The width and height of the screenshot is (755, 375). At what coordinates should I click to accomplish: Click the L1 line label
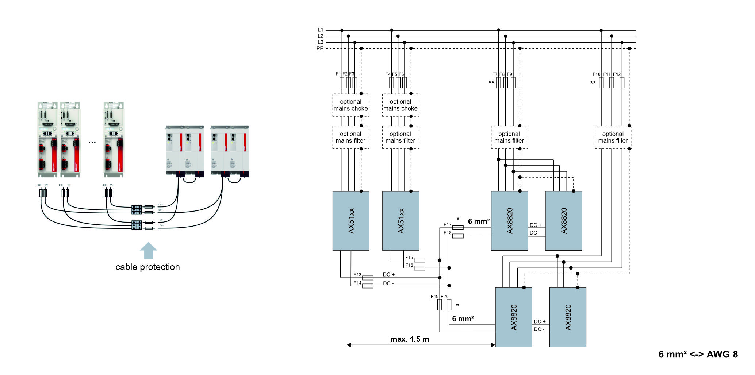[320, 30]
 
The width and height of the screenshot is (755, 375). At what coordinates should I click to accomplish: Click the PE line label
[320, 49]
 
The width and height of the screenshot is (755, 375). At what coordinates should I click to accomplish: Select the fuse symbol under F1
[342, 82]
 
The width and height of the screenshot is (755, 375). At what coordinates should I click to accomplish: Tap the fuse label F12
[617, 74]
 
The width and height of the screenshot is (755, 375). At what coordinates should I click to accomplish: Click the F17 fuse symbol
[458, 228]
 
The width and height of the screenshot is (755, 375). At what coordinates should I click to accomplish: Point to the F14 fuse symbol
[368, 286]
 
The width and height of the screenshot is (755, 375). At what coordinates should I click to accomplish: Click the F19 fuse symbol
[440, 305]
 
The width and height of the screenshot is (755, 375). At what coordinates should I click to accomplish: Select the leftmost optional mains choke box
[350, 105]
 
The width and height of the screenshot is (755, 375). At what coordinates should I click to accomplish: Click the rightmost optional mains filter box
[613, 137]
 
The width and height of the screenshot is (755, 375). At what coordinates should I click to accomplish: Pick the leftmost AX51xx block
[351, 221]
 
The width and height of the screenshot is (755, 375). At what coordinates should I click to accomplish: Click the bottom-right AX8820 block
[568, 317]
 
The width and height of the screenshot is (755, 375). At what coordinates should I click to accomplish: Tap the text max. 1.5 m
[409, 339]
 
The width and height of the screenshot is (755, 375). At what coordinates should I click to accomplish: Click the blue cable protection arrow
[148, 251]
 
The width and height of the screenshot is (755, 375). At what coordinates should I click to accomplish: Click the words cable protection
[147, 267]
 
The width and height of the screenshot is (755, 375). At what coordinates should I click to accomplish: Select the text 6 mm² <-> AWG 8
[698, 354]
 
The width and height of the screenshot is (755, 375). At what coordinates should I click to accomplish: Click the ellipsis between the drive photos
[92, 142]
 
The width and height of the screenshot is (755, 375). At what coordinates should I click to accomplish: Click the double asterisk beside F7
[491, 83]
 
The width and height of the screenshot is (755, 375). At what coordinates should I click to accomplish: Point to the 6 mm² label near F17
[478, 221]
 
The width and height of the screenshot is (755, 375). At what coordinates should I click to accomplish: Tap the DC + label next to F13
[388, 274]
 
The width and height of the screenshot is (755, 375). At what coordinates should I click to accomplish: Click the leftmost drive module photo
[47, 139]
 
